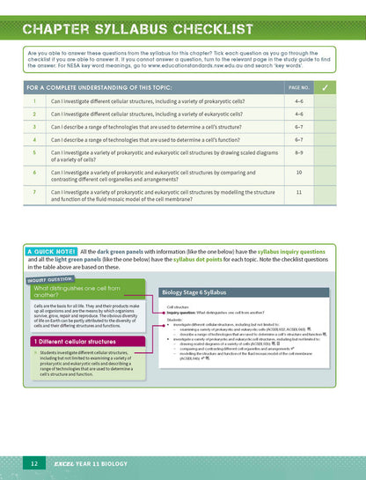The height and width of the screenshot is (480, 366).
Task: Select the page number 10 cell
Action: tap(299, 173)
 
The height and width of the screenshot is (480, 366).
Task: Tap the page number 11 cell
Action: tap(299, 191)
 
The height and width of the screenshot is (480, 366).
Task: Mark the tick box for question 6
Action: tap(326, 173)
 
